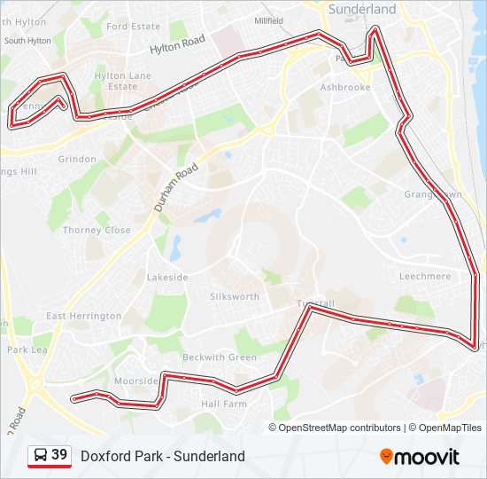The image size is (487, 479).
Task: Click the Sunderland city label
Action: point(362,9)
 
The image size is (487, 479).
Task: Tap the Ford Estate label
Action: point(134,27)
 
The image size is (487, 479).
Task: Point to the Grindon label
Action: point(77,160)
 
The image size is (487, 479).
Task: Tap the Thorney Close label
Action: point(97,230)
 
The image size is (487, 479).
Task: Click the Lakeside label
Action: point(167,278)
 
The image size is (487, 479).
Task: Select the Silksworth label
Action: point(236,296)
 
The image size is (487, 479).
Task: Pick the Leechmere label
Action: point(425,277)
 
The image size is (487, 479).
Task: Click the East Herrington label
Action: point(84,316)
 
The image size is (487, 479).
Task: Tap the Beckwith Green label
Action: point(220,357)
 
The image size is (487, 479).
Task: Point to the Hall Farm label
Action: point(223,404)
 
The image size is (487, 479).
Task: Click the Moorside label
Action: point(136,381)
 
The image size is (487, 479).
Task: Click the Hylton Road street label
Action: point(177,46)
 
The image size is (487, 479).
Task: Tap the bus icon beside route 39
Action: point(41,456)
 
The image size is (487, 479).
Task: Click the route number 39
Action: point(59,455)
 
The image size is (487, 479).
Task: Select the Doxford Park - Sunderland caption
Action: point(163,457)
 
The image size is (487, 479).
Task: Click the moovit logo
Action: point(420,457)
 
